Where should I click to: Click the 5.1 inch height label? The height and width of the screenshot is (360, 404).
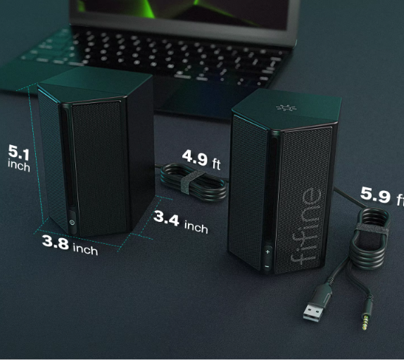tap(19, 158)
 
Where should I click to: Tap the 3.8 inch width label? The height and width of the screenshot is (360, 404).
tap(70, 245)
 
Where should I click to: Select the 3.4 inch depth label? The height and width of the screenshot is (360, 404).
tap(181, 222)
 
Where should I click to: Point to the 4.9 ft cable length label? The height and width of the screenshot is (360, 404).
tap(201, 159)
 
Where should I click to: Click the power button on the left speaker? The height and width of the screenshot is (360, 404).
tap(72, 223)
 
